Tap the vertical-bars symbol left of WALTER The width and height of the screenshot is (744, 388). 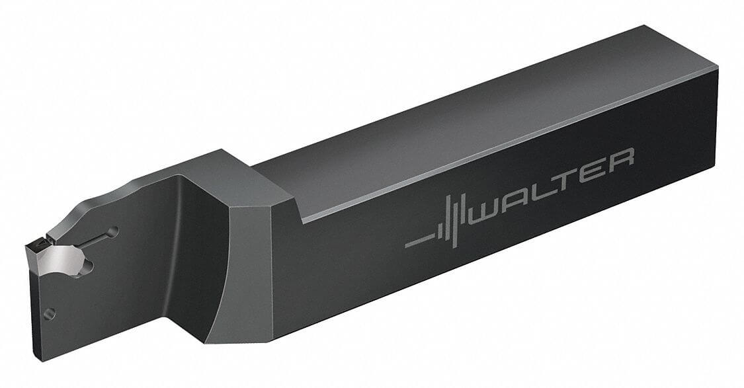pos(439,228)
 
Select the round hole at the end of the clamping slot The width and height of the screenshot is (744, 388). pos(114,231)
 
